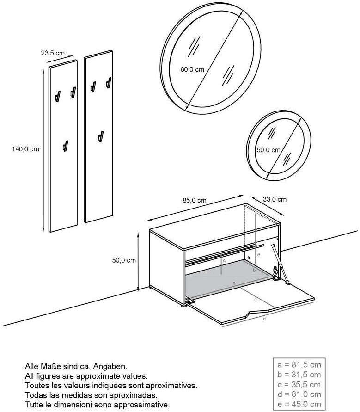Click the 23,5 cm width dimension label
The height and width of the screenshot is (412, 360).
click(53, 53)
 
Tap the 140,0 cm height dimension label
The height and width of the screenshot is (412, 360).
click(25, 149)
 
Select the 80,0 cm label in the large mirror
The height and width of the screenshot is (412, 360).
click(192, 70)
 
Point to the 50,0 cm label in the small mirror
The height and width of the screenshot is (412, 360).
click(268, 150)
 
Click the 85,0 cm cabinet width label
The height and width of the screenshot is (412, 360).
click(195, 201)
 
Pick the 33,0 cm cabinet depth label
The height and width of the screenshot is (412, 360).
click(275, 199)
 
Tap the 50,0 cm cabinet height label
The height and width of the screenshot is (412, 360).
click(124, 260)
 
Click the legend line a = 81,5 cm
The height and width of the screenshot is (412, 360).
click(299, 364)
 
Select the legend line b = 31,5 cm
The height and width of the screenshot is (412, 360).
click(299, 375)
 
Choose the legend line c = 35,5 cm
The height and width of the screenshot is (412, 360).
click(299, 385)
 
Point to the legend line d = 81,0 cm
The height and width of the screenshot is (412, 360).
click(299, 394)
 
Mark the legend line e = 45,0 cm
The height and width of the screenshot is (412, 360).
click(299, 405)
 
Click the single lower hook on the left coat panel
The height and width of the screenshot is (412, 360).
click(65, 146)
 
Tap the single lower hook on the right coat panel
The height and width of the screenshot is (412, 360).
click(100, 136)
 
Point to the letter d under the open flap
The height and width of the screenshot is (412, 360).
click(264, 319)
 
